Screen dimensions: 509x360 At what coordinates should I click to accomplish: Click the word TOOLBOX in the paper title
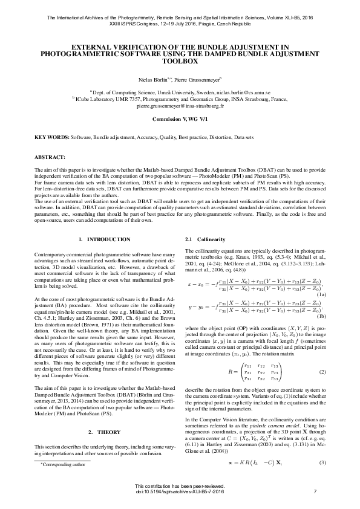(x=180, y=62)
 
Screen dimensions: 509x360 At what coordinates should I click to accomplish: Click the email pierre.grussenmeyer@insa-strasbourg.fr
(x=180, y=105)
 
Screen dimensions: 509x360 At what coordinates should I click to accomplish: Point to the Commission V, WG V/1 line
(x=180, y=120)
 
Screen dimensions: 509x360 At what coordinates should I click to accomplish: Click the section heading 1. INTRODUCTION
(x=105, y=240)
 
